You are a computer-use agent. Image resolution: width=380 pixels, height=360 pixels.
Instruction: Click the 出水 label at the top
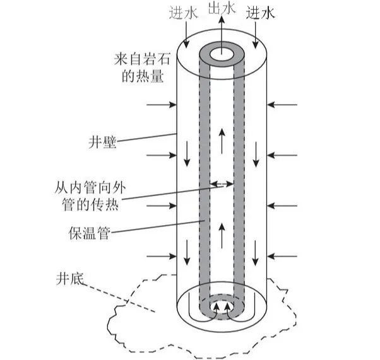point(222,8)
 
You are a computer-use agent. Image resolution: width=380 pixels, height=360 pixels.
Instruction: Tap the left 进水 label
point(184,13)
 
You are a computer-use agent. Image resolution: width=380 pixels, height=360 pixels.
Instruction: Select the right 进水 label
point(261,13)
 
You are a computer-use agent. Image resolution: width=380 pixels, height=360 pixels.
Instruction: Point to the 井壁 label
point(102,142)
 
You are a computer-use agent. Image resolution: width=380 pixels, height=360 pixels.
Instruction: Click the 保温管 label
point(90,233)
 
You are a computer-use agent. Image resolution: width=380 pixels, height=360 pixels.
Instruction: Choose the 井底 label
point(70,279)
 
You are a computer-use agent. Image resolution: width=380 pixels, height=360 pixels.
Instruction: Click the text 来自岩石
point(142,59)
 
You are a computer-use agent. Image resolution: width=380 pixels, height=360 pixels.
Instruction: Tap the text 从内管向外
point(90,188)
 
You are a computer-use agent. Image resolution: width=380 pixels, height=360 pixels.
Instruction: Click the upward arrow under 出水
point(222,35)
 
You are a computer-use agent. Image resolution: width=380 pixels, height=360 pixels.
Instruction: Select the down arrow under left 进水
point(186,35)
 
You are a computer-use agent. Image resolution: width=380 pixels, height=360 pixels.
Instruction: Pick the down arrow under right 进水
point(255,35)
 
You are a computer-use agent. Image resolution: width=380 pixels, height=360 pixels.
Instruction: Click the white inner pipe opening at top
point(222,55)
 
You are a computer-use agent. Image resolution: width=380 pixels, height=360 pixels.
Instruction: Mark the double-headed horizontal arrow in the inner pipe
point(222,183)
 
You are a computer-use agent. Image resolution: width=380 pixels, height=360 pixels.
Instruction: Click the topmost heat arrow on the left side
point(162,105)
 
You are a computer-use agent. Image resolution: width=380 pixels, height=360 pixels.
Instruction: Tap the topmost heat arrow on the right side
point(282,105)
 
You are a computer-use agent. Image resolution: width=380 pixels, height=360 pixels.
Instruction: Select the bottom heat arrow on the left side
point(162,256)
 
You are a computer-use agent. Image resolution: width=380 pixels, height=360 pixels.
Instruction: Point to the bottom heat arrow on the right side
point(282,256)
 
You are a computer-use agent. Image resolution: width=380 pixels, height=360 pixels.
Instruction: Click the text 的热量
point(143,76)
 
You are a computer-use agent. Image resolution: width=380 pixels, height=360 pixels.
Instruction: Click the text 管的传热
point(90,204)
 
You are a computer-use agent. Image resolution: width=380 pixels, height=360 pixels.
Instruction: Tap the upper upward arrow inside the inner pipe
point(222,141)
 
